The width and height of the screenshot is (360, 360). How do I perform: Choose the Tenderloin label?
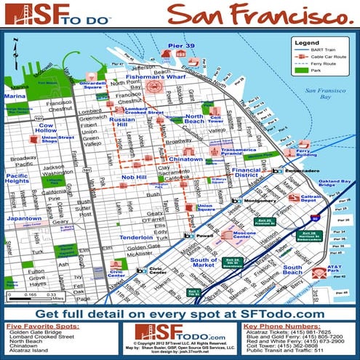(x=136, y=238)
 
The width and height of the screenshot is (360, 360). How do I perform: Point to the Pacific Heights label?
(x=17, y=179)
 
